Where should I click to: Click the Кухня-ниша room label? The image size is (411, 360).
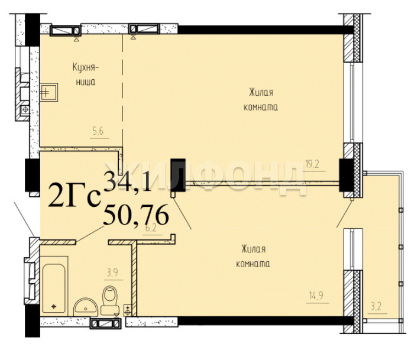(x=85, y=74)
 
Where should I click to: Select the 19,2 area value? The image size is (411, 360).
(x=312, y=164)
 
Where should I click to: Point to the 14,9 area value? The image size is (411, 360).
(x=316, y=296)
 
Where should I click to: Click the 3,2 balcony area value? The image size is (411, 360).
(x=376, y=306)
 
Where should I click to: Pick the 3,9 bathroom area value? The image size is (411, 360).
(x=112, y=273)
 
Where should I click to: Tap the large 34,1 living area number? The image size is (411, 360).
(x=128, y=181)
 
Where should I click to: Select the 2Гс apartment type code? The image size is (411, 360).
(x=75, y=196)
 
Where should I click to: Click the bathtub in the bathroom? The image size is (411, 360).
(x=54, y=288)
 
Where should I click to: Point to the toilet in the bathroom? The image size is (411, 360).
(x=110, y=300)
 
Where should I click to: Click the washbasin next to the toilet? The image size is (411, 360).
(x=85, y=307)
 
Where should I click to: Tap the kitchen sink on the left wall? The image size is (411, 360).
(x=49, y=92)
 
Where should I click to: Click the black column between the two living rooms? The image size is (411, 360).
(x=178, y=175)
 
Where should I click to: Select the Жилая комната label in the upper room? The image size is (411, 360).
(x=261, y=100)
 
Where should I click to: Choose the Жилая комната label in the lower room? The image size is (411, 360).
(x=253, y=256)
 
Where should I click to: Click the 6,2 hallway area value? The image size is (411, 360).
(x=151, y=228)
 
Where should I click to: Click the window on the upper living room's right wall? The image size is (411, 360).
(x=352, y=102)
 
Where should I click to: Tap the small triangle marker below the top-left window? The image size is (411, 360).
(x=76, y=39)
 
